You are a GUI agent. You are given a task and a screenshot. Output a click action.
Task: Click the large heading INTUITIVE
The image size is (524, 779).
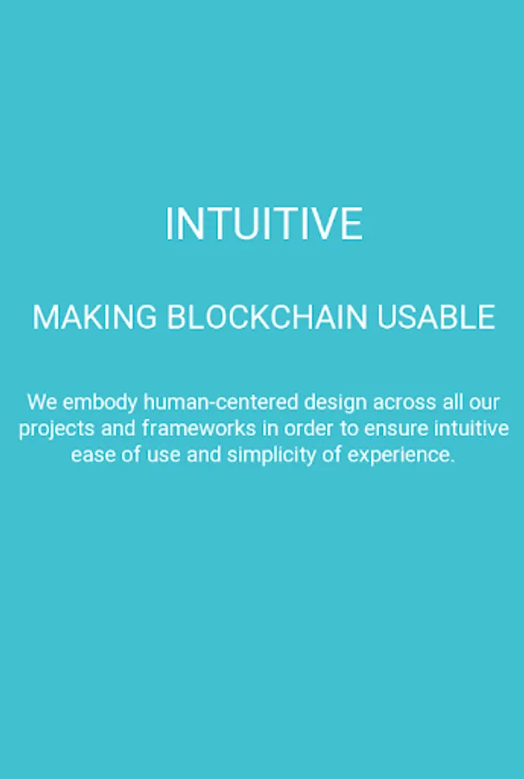click(x=264, y=224)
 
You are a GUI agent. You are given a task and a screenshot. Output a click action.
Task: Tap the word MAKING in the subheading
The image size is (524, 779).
click(x=94, y=317)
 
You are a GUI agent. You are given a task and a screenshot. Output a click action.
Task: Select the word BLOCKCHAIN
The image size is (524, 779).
click(x=267, y=317)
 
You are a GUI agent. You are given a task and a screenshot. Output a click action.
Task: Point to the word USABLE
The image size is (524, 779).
click(x=436, y=317)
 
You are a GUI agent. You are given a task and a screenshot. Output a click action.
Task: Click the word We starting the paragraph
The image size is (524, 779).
click(x=42, y=402)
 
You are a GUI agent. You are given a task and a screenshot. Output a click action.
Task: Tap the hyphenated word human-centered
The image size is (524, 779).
click(x=220, y=402)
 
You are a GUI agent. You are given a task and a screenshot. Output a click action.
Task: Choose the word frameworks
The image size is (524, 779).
click(x=199, y=428)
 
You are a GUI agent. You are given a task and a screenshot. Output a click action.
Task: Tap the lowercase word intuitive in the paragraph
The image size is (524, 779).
click(x=471, y=428)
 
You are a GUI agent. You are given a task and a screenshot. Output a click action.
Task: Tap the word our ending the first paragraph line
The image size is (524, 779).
click(x=484, y=402)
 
